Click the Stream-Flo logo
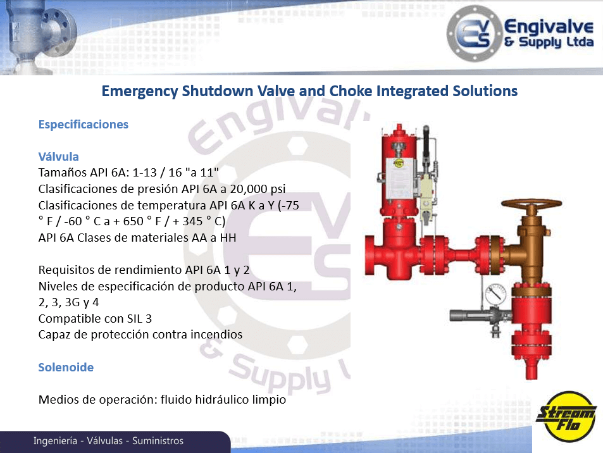(x=566, y=416)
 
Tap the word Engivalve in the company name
(x=549, y=27)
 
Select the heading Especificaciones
(x=84, y=125)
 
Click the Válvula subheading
(x=58, y=156)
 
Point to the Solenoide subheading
(x=66, y=367)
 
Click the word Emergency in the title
(x=140, y=92)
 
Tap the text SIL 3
(x=139, y=319)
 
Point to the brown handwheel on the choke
(x=532, y=204)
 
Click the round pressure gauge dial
(x=496, y=295)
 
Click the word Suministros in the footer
(x=158, y=441)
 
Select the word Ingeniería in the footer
(x=56, y=441)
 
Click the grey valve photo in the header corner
(x=38, y=37)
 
